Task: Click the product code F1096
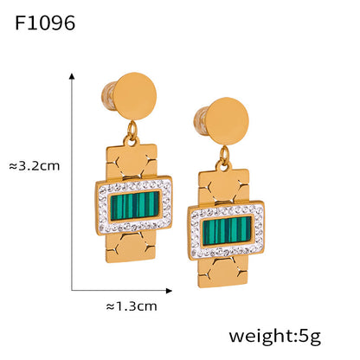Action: coord(45,22)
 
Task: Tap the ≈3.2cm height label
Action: coord(35,166)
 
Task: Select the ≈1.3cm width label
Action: coord(132,306)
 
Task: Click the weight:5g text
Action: coord(275,337)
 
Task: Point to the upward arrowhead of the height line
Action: coord(72,76)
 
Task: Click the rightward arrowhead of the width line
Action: coord(170,291)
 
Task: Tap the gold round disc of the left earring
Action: coord(135,96)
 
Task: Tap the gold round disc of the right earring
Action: coord(227,121)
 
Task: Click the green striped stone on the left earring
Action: coord(135,205)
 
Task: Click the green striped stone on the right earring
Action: coord(227,229)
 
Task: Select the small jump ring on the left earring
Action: coord(132,131)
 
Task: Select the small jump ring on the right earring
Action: coord(224,156)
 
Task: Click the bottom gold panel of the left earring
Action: coord(132,246)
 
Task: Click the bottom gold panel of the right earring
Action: coord(223,271)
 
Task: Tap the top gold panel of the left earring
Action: coord(132,161)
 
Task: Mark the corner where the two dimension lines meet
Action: coord(72,291)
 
